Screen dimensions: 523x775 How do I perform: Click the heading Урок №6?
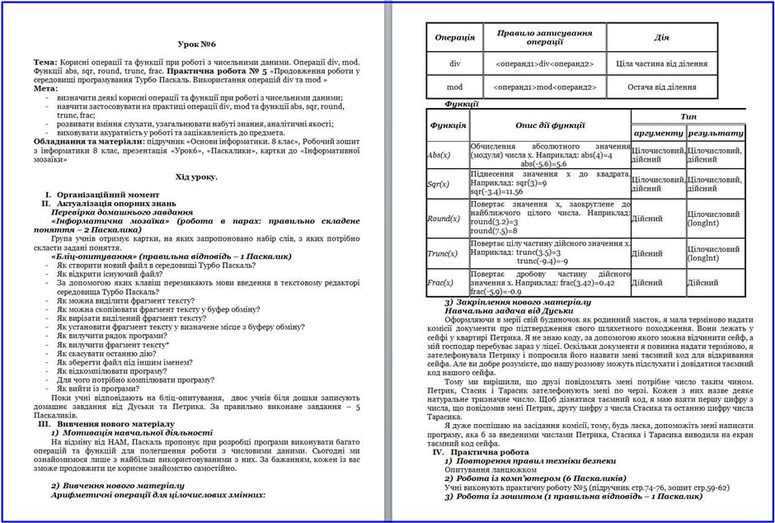196,43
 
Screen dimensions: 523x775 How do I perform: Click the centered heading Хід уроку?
196,177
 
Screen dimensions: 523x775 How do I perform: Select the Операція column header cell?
454,37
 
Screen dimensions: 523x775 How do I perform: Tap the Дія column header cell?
661,37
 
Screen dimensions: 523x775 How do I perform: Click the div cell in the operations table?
454,64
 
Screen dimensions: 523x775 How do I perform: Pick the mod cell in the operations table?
454,87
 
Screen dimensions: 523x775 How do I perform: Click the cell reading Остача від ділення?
661,87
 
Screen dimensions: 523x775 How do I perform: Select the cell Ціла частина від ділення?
661,64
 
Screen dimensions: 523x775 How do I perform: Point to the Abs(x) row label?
439,155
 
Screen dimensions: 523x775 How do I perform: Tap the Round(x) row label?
444,219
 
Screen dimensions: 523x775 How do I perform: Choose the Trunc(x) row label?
443,253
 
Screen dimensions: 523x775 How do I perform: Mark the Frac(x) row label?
441,283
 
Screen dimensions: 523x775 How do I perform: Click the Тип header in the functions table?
688,116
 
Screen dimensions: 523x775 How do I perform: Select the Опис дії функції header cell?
550,125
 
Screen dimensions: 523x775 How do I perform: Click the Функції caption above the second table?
462,104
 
